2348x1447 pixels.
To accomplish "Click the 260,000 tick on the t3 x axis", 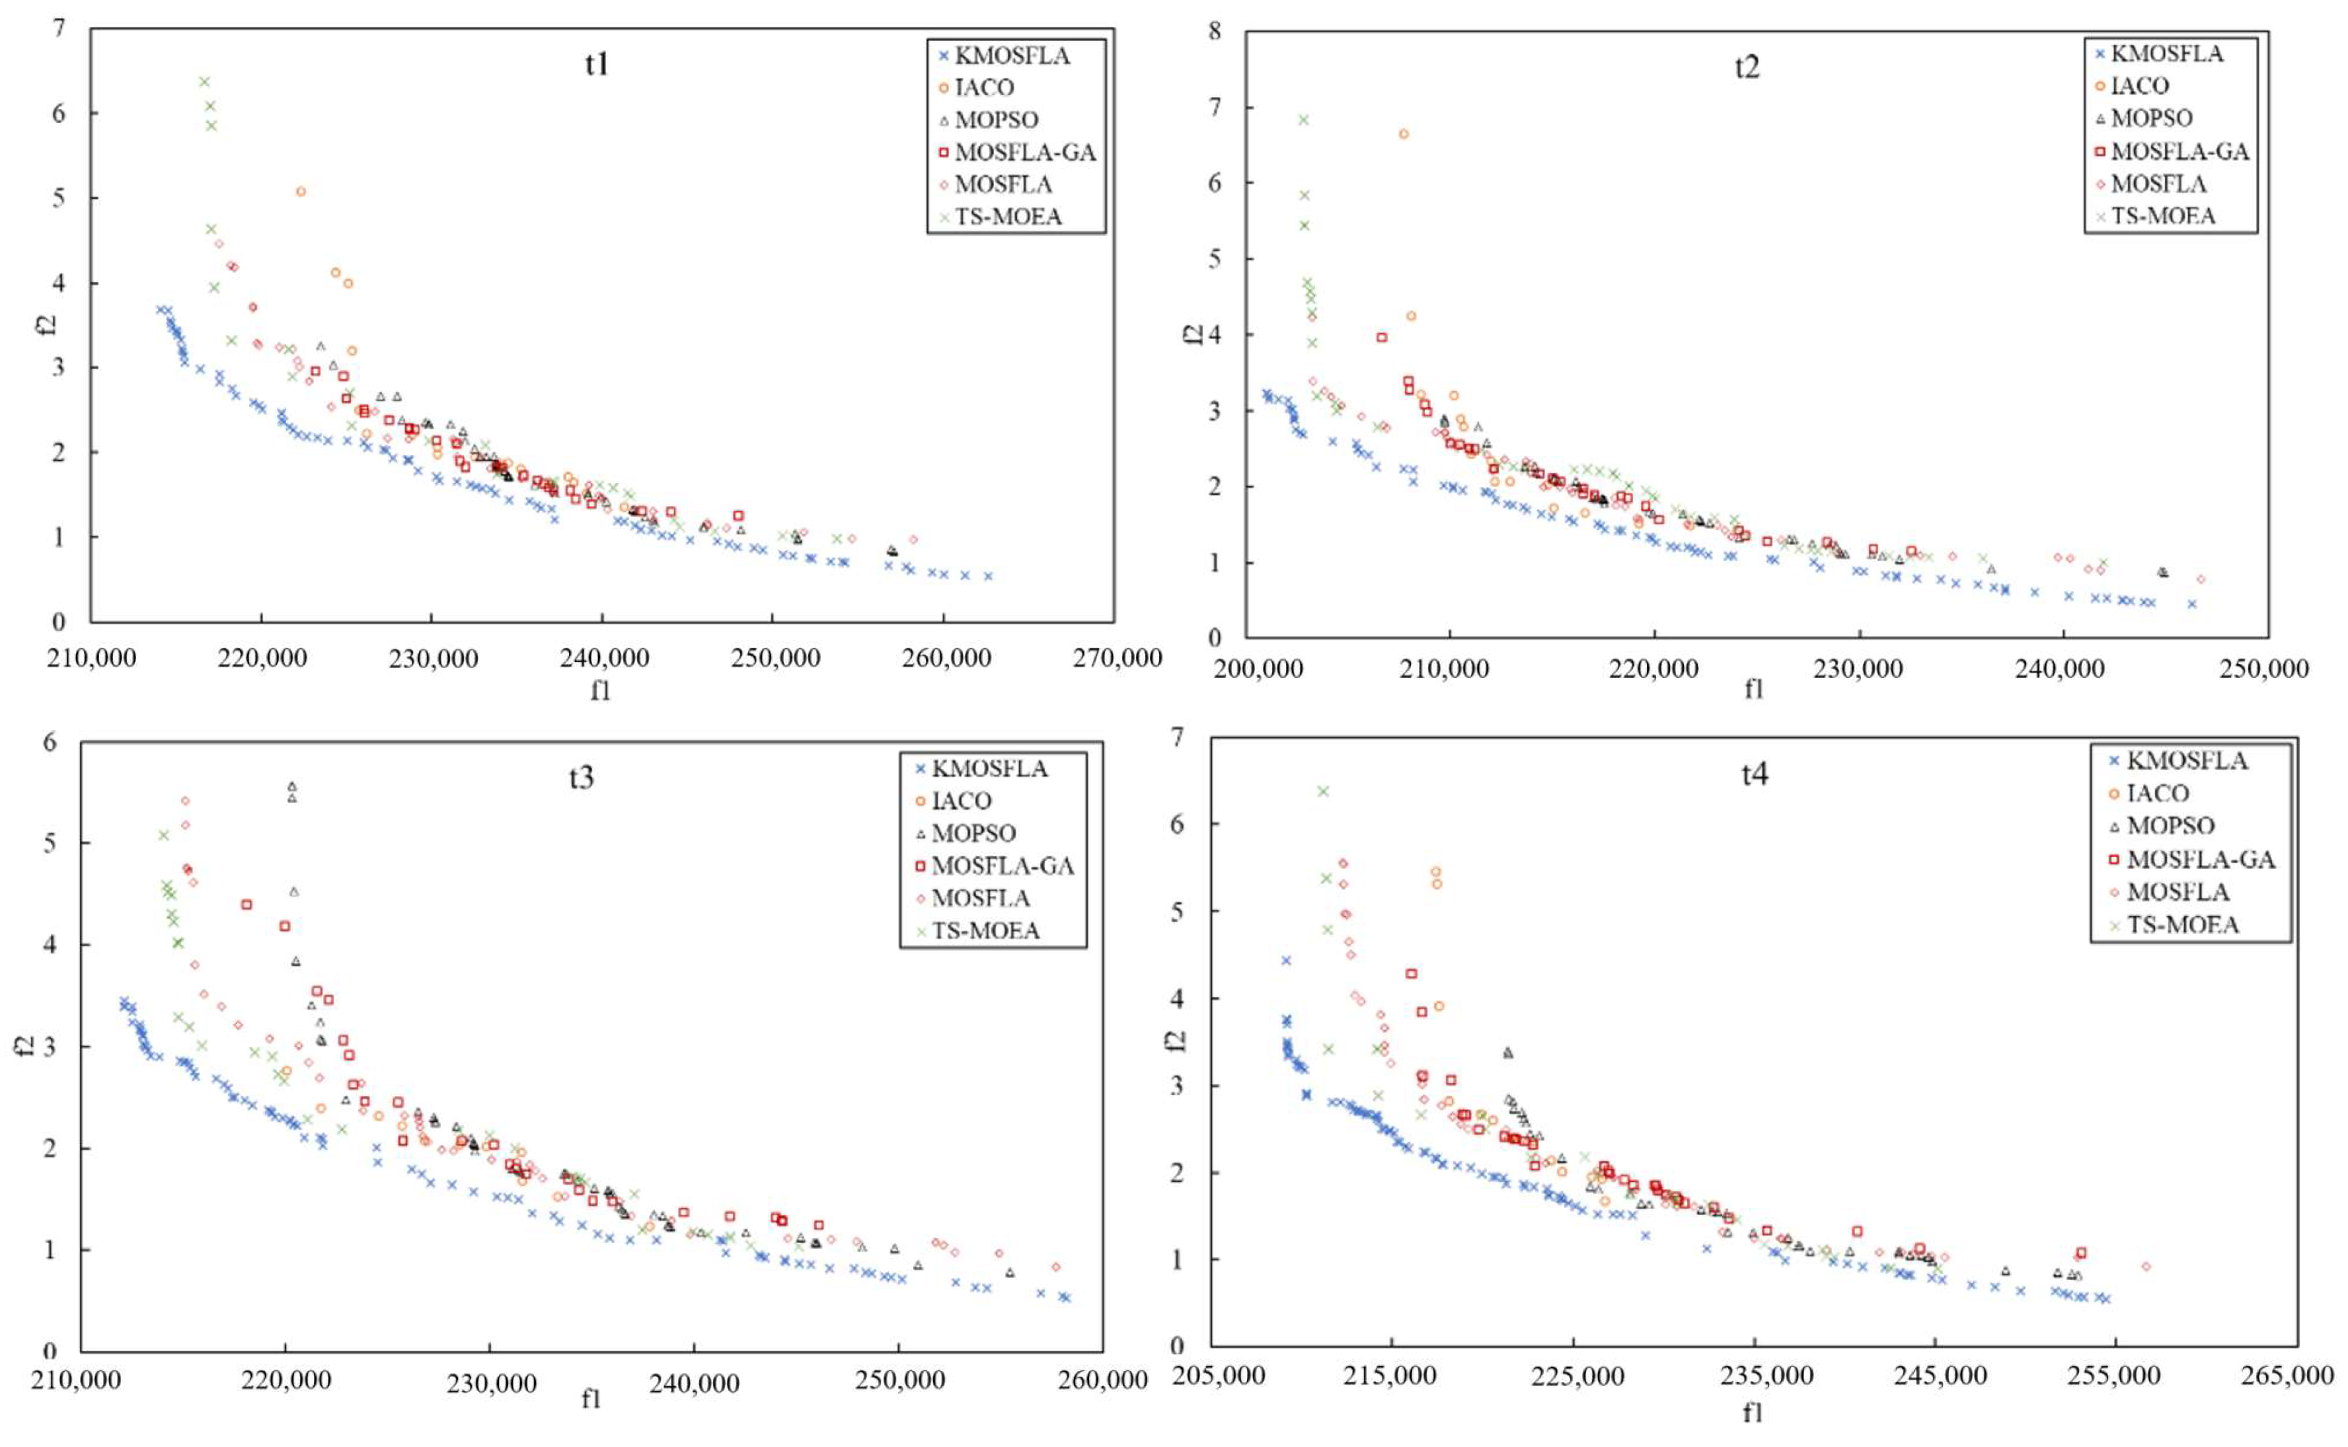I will pos(1101,1380).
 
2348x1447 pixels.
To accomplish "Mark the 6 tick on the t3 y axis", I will pos(50,742).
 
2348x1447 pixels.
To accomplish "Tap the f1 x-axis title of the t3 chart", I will pos(591,1399).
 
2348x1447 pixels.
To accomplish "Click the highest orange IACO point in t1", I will pos(301,192).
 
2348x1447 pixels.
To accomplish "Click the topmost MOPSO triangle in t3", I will pos(293,786).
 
